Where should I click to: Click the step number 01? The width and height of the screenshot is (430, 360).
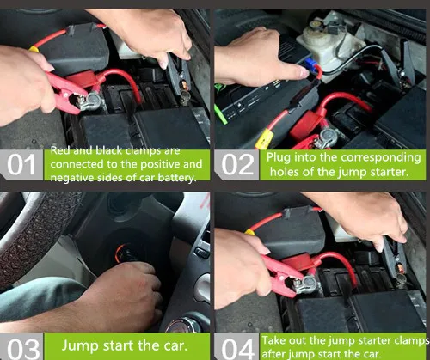click(21, 164)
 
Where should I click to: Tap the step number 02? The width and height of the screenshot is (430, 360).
click(237, 164)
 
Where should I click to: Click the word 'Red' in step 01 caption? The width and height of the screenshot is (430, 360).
click(60, 150)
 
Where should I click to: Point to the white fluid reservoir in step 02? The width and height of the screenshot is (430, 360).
click(329, 46)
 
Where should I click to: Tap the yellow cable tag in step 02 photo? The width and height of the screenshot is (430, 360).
click(264, 138)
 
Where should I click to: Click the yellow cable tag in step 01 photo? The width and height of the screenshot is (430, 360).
click(34, 49)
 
